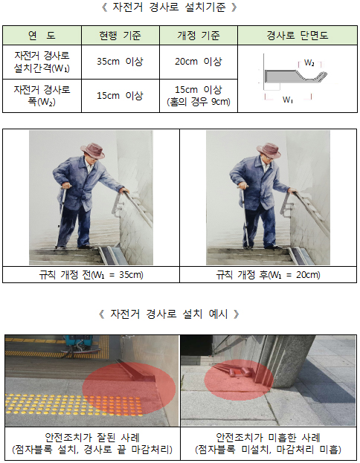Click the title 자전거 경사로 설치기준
pyautogui.click(x=169, y=7)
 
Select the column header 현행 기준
pyautogui.click(x=120, y=36)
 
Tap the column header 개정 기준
pyautogui.click(x=199, y=36)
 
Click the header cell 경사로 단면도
pyautogui.click(x=298, y=36)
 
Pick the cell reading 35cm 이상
pyautogui.click(x=120, y=62)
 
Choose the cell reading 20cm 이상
pyautogui.click(x=199, y=62)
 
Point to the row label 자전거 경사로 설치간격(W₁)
pyautogui.click(x=42, y=62)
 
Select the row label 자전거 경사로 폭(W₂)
pyautogui.click(x=42, y=96)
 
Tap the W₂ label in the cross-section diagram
pyautogui.click(x=309, y=62)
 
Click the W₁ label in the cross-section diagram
pyautogui.click(x=288, y=100)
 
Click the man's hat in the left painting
pyautogui.click(x=93, y=150)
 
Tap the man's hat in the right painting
pyautogui.click(x=269, y=150)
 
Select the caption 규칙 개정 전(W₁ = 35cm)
pyautogui.click(x=91, y=275)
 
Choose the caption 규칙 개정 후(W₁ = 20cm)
pyautogui.click(x=268, y=275)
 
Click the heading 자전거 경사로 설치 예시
pyautogui.click(x=169, y=314)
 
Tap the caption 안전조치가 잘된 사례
pyautogui.click(x=92, y=437)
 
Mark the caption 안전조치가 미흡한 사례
pyautogui.click(x=268, y=437)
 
